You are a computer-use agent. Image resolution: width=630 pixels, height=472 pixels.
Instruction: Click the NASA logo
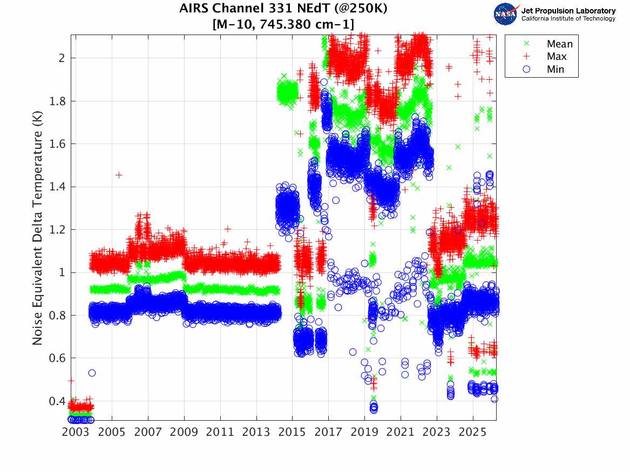point(506,13)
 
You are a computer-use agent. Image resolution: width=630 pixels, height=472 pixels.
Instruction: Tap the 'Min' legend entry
point(556,69)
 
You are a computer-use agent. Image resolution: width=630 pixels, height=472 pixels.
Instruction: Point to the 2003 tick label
point(76,433)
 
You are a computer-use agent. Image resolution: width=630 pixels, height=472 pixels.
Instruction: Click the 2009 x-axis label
point(184,433)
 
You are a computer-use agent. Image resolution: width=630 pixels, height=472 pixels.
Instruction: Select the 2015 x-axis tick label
point(293,433)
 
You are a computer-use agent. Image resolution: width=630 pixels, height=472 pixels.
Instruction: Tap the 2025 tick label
point(473,433)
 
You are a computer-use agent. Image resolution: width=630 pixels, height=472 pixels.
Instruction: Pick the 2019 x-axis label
point(365,433)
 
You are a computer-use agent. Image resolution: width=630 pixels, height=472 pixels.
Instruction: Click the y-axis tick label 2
point(63,58)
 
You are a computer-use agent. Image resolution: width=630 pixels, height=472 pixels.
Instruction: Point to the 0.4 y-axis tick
point(58,401)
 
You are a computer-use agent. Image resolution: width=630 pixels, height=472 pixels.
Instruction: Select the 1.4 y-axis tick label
point(58,187)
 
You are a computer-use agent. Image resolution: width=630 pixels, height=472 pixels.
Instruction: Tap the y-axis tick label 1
point(63,272)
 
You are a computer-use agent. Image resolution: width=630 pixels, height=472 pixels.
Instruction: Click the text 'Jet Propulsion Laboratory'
point(568,11)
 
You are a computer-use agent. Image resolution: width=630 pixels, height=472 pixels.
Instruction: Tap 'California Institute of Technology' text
point(568,19)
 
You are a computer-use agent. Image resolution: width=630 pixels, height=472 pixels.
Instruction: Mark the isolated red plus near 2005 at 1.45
point(119,175)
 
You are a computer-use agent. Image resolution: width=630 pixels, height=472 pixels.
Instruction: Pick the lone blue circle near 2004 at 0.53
point(92,373)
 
